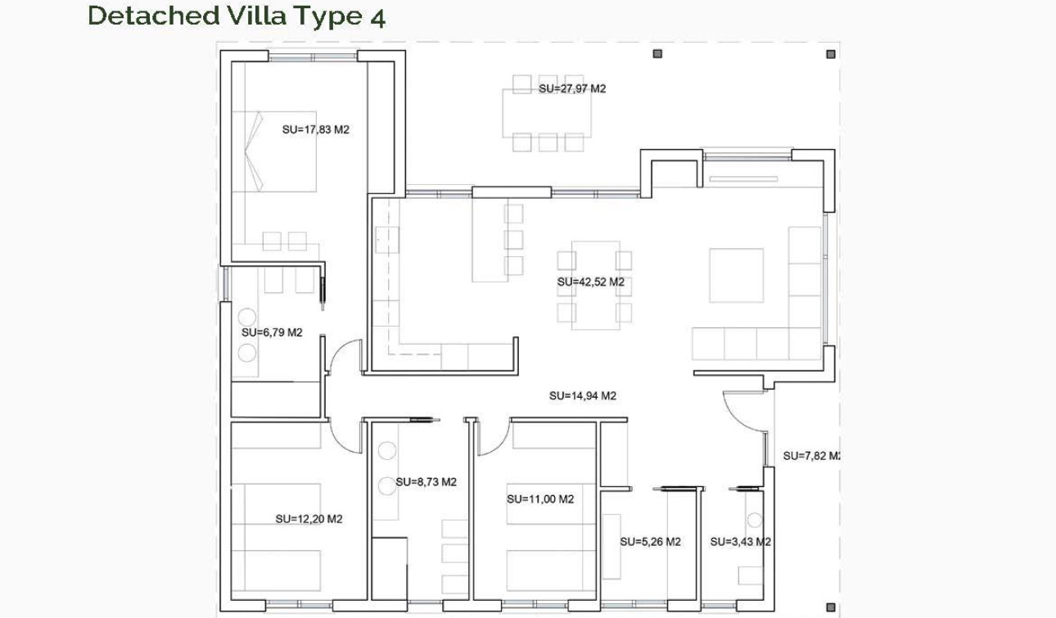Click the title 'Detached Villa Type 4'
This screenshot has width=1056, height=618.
point(236,16)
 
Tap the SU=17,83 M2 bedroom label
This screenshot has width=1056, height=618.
point(315,129)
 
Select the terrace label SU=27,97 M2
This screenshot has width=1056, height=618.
point(572,88)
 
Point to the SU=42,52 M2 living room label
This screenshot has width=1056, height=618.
point(590,282)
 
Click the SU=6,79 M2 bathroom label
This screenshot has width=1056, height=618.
point(272,332)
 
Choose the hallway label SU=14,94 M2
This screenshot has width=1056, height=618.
point(582,395)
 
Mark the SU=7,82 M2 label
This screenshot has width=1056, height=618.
point(810,456)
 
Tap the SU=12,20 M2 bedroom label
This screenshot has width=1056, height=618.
point(309,519)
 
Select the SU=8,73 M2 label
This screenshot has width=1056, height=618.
point(426,482)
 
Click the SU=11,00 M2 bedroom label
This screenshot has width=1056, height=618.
point(539,498)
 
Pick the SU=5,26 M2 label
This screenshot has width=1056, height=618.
point(650,541)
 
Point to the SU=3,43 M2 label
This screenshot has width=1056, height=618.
point(740,541)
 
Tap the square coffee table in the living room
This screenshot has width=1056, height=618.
point(736,275)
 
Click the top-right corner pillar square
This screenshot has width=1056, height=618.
point(831,54)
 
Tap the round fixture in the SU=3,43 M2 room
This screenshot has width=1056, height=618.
point(754,520)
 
